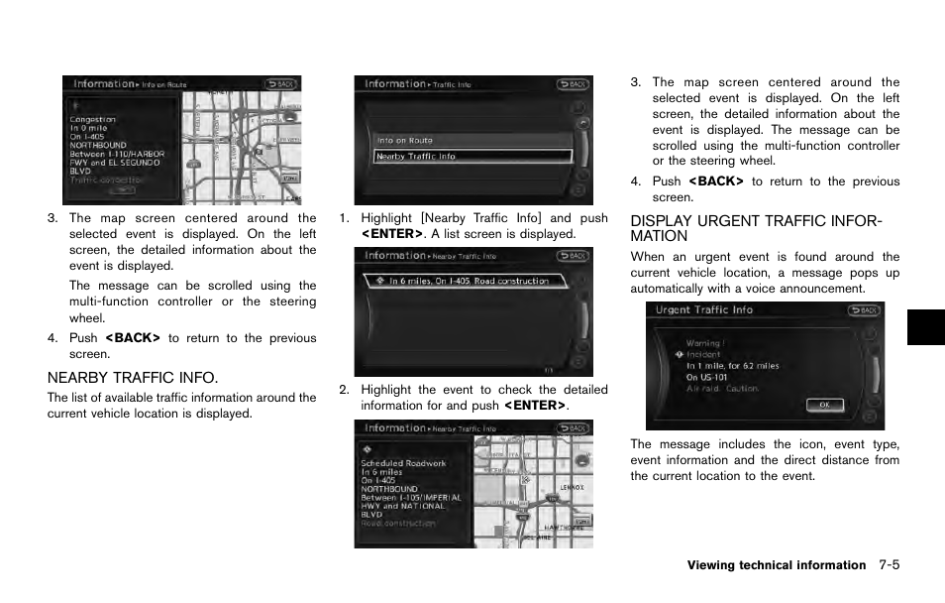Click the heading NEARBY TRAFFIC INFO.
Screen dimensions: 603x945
pos(132,377)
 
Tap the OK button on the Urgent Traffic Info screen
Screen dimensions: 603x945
pos(824,405)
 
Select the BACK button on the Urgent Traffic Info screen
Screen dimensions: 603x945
pos(863,310)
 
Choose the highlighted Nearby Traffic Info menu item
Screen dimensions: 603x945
pos(472,157)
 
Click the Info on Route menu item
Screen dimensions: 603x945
pos(406,141)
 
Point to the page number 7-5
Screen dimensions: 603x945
pos(888,565)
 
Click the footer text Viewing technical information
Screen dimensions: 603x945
pos(776,565)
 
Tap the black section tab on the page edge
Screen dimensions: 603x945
pos(925,326)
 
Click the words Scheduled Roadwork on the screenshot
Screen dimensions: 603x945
pos(403,463)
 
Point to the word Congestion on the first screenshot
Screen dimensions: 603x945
pos(92,120)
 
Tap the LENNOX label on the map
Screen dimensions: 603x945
pos(573,488)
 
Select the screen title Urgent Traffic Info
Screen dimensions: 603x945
pos(703,310)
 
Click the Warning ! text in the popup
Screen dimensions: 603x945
pos(704,343)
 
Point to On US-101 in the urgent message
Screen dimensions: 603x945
pos(707,377)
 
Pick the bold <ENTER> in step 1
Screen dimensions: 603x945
pos(391,234)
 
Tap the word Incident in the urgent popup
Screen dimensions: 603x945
pos(703,354)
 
